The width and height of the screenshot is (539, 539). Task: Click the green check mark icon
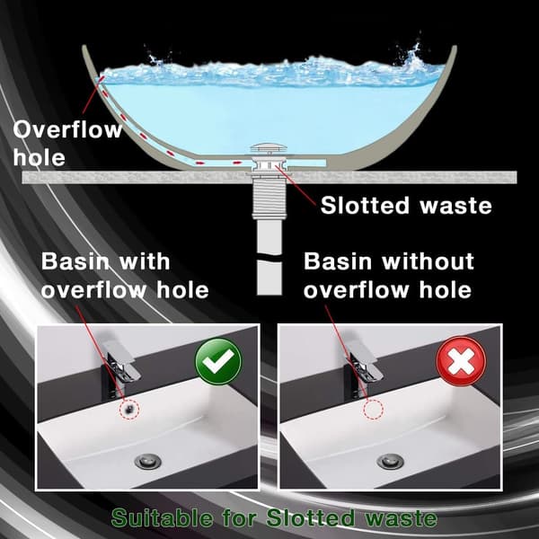pyautogui.click(x=218, y=361)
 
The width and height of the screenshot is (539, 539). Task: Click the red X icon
pyautogui.click(x=461, y=361)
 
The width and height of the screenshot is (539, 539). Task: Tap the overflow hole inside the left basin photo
pyautogui.click(x=129, y=409)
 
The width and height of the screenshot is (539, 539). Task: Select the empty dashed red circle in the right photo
pyautogui.click(x=374, y=410)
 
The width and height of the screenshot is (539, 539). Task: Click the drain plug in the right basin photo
pyautogui.click(x=391, y=461)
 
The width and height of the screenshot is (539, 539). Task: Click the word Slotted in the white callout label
pyautogui.click(x=365, y=206)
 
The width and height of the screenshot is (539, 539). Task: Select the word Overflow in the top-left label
pyautogui.click(x=67, y=129)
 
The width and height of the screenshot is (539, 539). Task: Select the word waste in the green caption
pyautogui.click(x=401, y=518)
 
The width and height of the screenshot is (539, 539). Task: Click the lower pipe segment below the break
pyautogui.click(x=269, y=278)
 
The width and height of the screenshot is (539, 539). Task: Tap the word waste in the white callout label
pyautogui.click(x=455, y=206)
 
